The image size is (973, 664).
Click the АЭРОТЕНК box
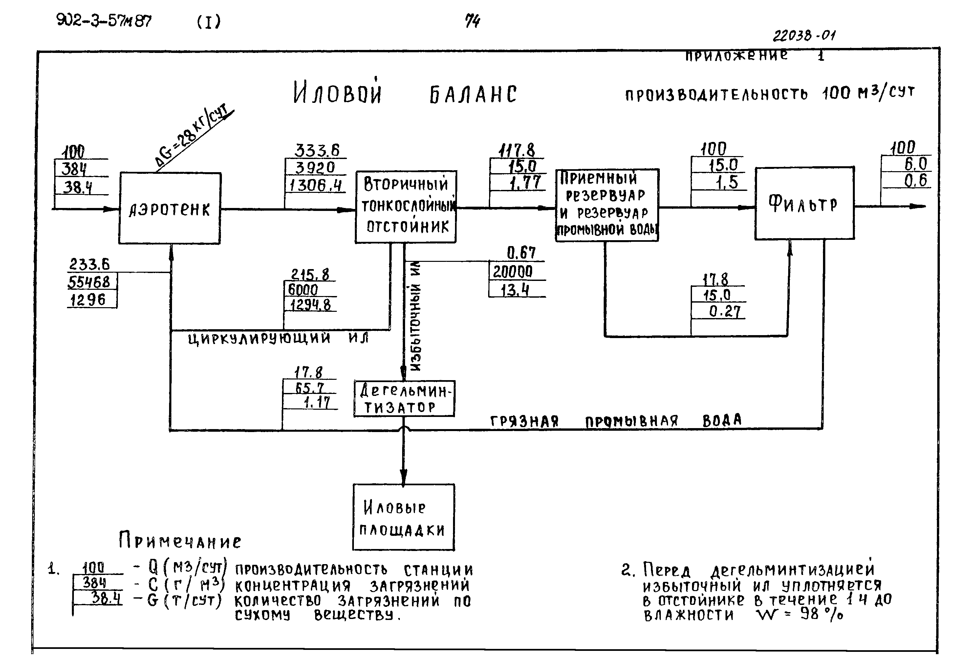click(x=170, y=208)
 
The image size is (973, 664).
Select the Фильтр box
click(x=804, y=204)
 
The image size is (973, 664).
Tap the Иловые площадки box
click(x=403, y=517)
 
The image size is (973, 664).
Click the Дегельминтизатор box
click(x=404, y=399)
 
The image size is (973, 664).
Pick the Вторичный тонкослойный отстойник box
click(x=406, y=207)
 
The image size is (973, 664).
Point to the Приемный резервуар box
click(x=607, y=205)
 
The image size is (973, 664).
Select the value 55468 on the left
click(x=89, y=282)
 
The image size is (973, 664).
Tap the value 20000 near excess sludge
click(x=512, y=272)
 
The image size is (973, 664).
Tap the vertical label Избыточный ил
click(x=415, y=316)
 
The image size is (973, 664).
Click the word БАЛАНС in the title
click(x=473, y=94)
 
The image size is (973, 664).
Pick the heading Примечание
click(x=180, y=540)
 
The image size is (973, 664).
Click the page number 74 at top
click(x=472, y=21)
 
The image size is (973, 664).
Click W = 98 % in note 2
click(x=799, y=615)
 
